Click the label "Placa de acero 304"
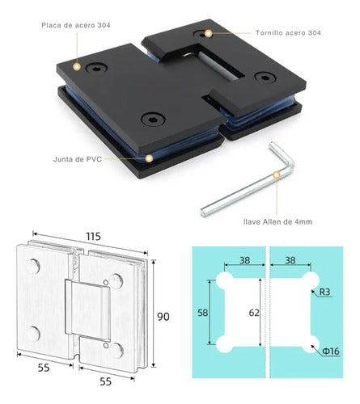pos(76,25)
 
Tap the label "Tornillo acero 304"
pos(288,33)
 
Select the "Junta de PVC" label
pos(78,159)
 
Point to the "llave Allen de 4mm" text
pos(277,221)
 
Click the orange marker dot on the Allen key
pos(276,175)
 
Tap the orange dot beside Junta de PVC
pos(149,158)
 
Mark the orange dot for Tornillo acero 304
pos(208,34)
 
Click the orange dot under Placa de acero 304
pos(77,66)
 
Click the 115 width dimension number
pos(93,237)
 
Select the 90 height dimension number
pos(163,317)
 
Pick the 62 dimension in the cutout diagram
pos(254,313)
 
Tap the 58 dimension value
pos(203,313)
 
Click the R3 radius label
pos(324,292)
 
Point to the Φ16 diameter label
pos(331,351)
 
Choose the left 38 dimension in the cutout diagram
pos(244,260)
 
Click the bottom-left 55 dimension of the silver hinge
pos(44,368)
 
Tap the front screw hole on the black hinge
pos(153,119)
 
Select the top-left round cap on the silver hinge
pos(33,266)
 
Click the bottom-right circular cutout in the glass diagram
pos(311,344)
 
